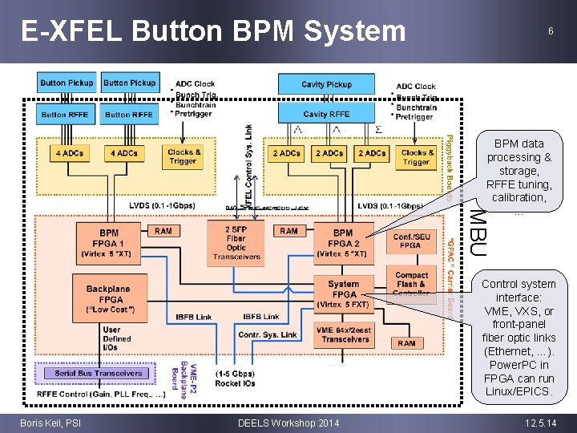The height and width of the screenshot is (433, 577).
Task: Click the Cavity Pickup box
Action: (x=326, y=84)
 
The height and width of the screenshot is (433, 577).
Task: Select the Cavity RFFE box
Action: (x=326, y=115)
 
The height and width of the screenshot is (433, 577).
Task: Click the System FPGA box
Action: (x=343, y=293)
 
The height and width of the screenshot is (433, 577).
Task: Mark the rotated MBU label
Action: (x=476, y=232)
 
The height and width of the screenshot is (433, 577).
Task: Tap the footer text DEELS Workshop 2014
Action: (x=288, y=423)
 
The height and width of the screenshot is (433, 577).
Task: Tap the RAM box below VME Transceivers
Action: (x=406, y=343)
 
